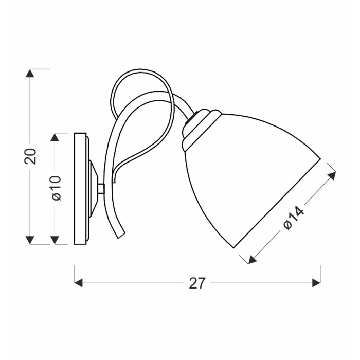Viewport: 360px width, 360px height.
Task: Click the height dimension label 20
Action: tap(30, 156)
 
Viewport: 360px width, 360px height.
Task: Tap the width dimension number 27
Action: tap(197, 283)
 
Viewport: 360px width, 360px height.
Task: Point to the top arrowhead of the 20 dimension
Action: tap(30, 73)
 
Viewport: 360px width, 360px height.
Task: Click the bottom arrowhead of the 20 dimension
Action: tap(30, 240)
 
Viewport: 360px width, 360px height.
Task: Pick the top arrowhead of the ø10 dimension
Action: tap(55, 137)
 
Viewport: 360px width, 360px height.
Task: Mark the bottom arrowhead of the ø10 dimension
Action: tap(55, 240)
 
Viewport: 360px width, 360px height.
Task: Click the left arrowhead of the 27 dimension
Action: tap(79, 283)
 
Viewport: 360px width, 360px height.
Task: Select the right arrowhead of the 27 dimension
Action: tap(316, 283)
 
